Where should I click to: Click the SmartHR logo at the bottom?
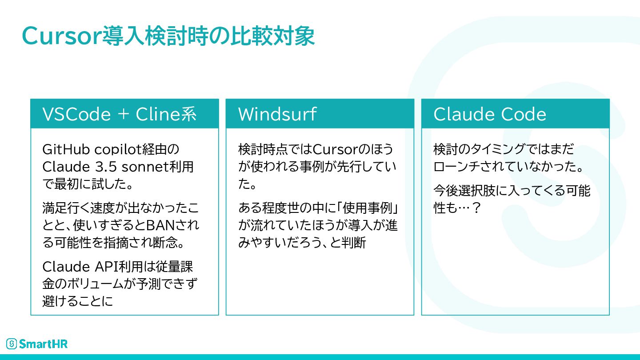[x=37, y=344]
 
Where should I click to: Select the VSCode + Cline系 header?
[x=119, y=114]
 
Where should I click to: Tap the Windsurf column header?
[x=277, y=114]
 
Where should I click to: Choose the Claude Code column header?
[x=489, y=114]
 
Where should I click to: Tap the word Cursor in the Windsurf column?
[x=339, y=149]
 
